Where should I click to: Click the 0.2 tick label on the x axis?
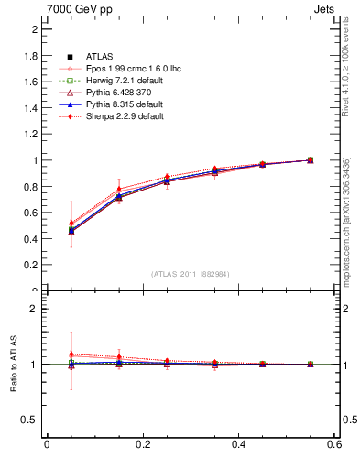tap(142, 444)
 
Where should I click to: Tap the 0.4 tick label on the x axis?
tap(238, 444)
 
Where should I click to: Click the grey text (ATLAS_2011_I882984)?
tap(191, 274)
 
